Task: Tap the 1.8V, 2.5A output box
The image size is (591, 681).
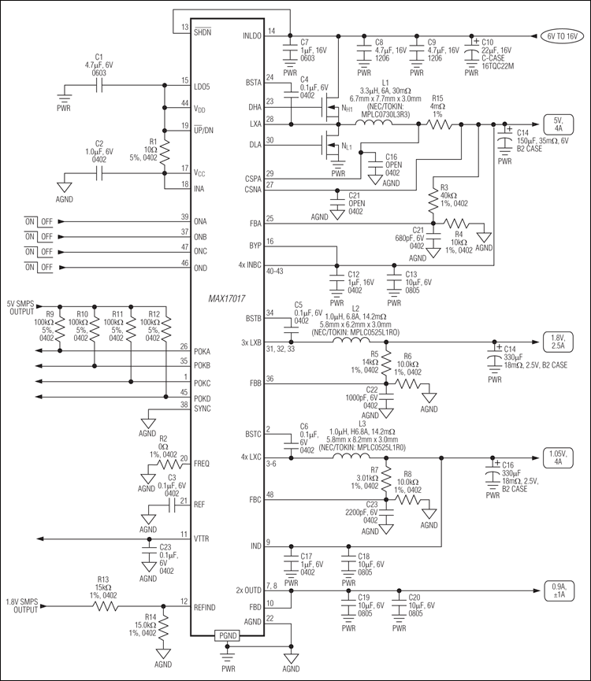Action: click(557, 341)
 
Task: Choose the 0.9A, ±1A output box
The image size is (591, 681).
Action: click(557, 590)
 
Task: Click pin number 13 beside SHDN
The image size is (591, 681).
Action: click(185, 28)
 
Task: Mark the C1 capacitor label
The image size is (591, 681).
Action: click(98, 57)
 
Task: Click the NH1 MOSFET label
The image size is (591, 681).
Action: click(345, 109)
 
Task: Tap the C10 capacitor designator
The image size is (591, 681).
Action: click(488, 41)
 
